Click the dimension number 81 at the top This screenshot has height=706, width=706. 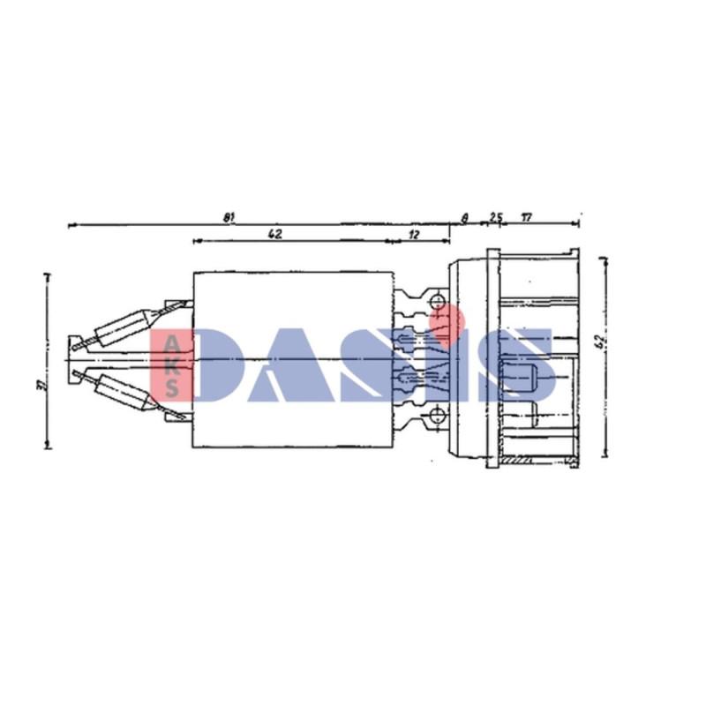(228, 217)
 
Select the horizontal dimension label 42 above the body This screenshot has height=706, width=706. (274, 234)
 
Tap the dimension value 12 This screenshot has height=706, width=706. (415, 234)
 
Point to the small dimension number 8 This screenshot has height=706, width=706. (465, 217)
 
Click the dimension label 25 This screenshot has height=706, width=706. (495, 217)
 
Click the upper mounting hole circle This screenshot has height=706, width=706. (439, 303)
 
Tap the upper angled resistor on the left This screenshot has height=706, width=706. (124, 326)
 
